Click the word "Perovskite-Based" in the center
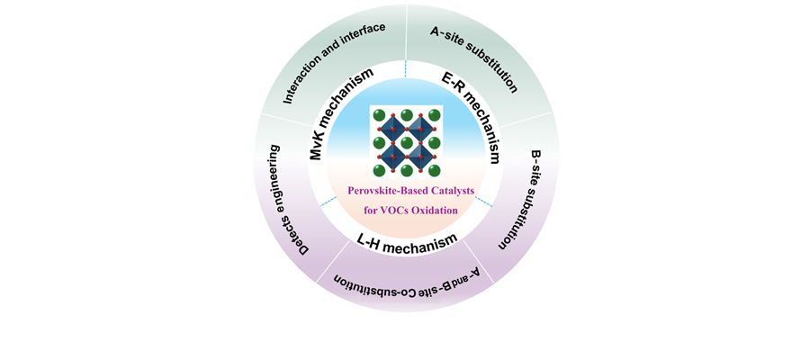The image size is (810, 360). click(x=377, y=192)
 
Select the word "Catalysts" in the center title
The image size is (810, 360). click(x=438, y=192)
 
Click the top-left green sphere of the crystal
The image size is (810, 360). click(x=379, y=115)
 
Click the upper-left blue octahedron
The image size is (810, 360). click(x=392, y=129)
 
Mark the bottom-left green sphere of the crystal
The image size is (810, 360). click(x=379, y=169)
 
